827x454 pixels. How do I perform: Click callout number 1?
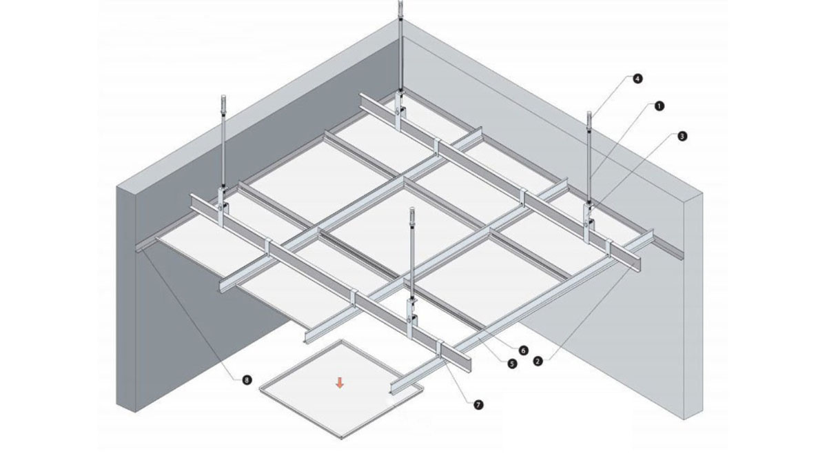(x=659, y=106)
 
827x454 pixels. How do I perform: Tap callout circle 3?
(x=682, y=136)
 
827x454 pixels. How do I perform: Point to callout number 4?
(x=637, y=79)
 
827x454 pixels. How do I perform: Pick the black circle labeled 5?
(x=511, y=364)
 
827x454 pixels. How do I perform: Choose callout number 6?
(x=523, y=350)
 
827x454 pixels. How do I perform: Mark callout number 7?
(x=478, y=405)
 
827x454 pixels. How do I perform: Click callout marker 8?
(x=245, y=379)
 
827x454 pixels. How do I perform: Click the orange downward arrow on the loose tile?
(x=338, y=382)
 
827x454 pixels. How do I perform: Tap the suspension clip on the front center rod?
(x=411, y=310)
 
